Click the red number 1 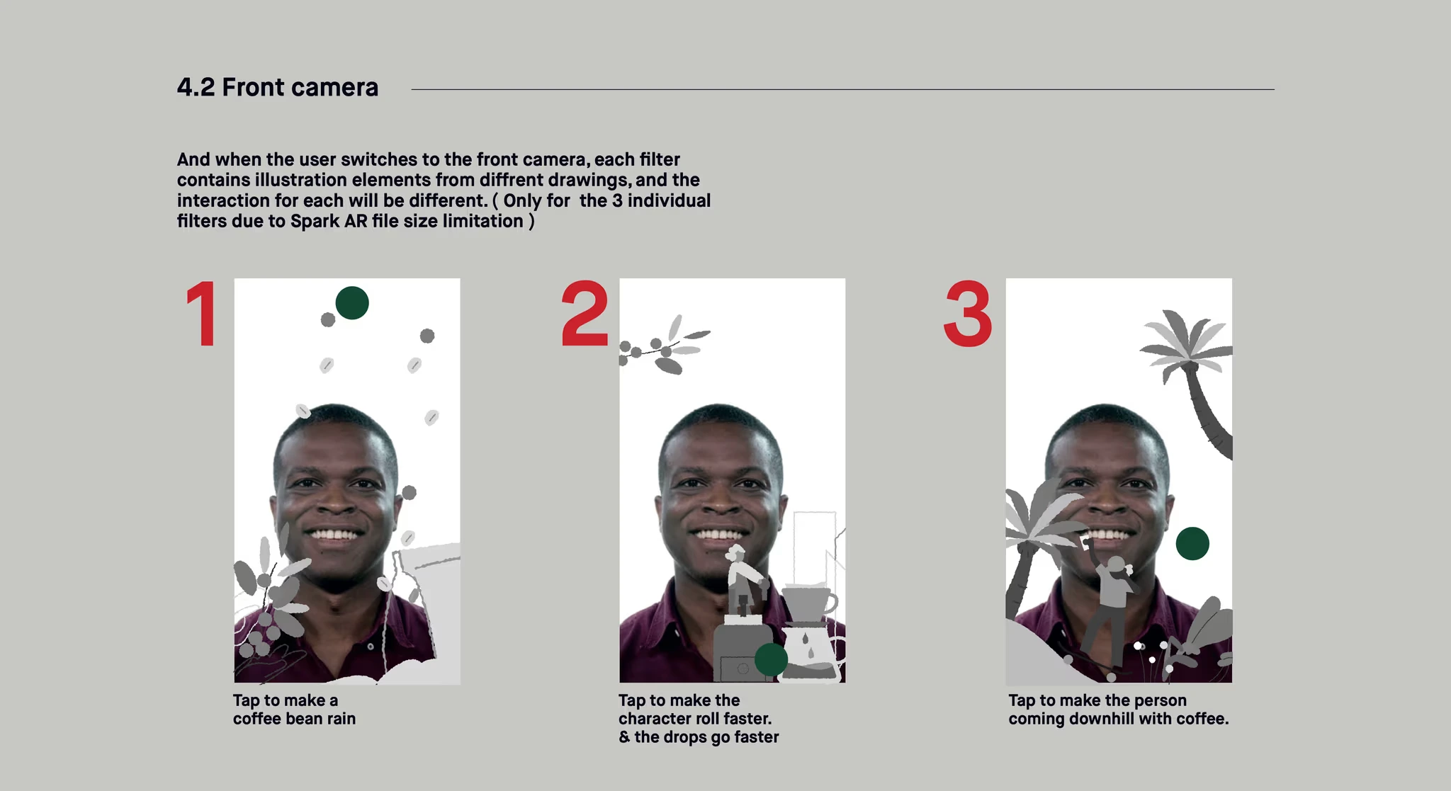[203, 313]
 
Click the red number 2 [585, 313]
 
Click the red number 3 [968, 313]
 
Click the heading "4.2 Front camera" [278, 87]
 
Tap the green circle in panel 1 [352, 303]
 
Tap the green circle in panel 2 [771, 659]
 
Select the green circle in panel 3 [1192, 544]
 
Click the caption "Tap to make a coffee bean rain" [295, 710]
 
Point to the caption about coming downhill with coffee [1119, 710]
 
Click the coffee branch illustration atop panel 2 [664, 346]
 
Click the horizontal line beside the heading [842, 89]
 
